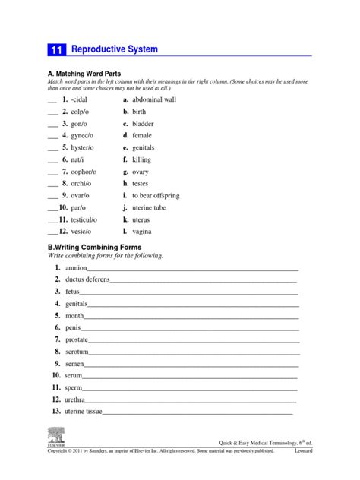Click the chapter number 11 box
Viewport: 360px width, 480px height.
point(57,50)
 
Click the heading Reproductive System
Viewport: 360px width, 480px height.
point(114,49)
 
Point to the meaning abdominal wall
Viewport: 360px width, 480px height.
point(154,99)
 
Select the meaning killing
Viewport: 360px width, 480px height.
point(142,160)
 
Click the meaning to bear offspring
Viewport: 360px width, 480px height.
point(156,195)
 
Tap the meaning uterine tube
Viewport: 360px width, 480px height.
point(150,207)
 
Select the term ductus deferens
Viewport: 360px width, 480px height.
point(87,280)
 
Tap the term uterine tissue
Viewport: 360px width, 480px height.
point(84,412)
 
